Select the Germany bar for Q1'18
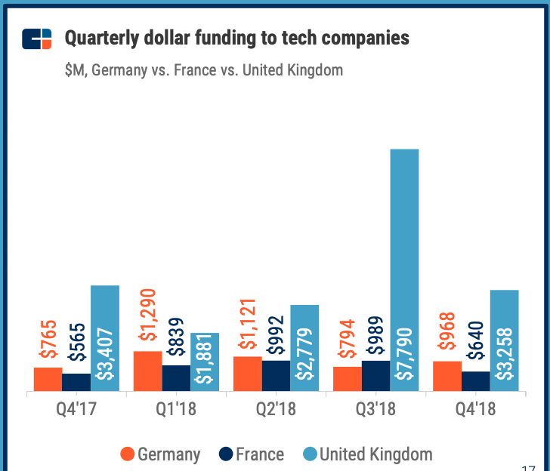coord(147,371)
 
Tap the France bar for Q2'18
coord(276,376)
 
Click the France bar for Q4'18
coord(475,381)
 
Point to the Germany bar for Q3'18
coord(348,379)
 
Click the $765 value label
coord(48,340)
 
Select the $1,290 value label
coord(147,316)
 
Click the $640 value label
coord(475,344)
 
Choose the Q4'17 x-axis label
coord(76,412)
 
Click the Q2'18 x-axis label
coord(276,412)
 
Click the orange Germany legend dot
coord(128,454)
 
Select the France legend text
coord(260,454)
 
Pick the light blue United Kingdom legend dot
coord(308,454)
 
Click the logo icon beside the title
coord(37,38)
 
